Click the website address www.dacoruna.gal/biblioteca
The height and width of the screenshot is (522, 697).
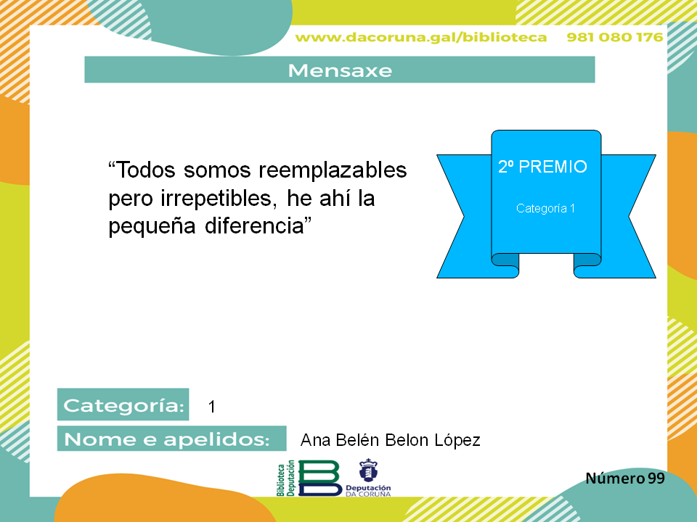(x=421, y=38)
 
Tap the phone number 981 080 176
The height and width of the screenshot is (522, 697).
(x=615, y=37)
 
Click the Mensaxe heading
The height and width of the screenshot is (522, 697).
(x=340, y=70)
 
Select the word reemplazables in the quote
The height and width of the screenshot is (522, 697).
(x=333, y=170)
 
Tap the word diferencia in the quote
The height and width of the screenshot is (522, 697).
(x=255, y=225)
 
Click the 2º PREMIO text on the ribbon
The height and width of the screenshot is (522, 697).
(x=542, y=167)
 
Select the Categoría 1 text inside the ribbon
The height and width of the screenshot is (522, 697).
(x=545, y=208)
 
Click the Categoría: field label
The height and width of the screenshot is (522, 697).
(x=123, y=405)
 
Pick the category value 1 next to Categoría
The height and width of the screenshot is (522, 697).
(x=211, y=407)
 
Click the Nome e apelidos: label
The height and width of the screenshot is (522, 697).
(x=167, y=439)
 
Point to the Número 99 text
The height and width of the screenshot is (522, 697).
(x=625, y=478)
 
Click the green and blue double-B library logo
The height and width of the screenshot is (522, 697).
(x=319, y=478)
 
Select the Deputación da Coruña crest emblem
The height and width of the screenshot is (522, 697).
(x=368, y=470)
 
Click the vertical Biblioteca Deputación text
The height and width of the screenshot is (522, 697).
(x=286, y=478)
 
